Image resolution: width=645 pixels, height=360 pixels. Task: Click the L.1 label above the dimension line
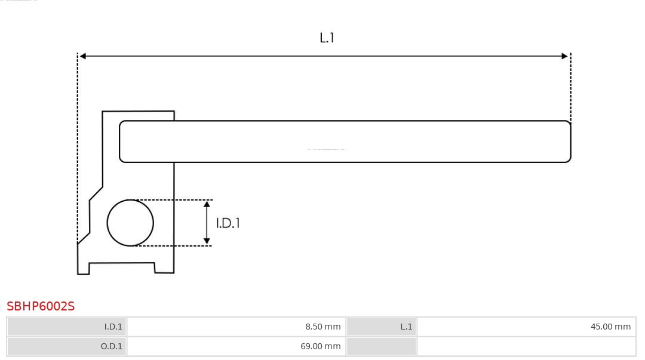coord(327,38)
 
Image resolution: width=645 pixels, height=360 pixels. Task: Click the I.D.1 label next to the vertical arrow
coord(228,223)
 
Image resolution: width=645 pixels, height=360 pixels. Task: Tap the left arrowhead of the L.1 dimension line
coord(83,56)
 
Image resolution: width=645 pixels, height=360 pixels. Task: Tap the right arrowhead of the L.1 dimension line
coord(564,56)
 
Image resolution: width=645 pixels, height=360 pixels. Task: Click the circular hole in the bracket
coord(130,223)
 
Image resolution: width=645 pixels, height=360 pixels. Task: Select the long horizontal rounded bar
coord(345,141)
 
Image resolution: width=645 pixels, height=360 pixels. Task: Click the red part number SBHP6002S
coord(41,306)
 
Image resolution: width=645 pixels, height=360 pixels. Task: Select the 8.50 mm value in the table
coord(322,327)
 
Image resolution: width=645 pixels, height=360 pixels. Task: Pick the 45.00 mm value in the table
coord(610,327)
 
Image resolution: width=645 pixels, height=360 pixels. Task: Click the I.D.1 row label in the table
coord(113,327)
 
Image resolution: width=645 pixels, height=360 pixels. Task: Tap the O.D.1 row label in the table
coord(111,346)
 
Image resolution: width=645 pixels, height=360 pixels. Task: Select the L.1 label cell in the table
coord(406,327)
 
